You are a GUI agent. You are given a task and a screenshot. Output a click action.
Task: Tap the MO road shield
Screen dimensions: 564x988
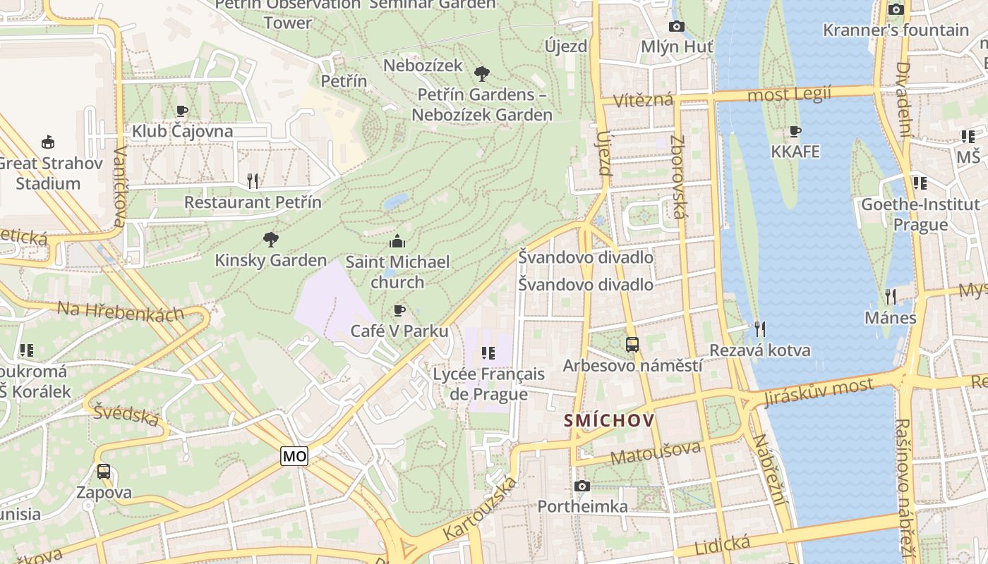pyautogui.click(x=294, y=456)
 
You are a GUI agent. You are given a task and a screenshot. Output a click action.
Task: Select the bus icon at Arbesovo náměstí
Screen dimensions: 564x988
pyautogui.click(x=632, y=345)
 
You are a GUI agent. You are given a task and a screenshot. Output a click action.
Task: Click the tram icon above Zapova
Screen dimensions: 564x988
pyautogui.click(x=104, y=472)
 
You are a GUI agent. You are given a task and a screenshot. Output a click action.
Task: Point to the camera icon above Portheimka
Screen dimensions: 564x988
pyautogui.click(x=582, y=486)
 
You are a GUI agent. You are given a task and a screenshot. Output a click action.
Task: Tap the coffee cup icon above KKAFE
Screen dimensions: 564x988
pyautogui.click(x=795, y=131)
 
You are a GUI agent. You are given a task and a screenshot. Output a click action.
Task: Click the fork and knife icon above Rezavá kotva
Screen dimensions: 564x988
pyautogui.click(x=759, y=329)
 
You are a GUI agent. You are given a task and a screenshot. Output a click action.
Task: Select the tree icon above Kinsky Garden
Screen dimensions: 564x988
pyautogui.click(x=270, y=240)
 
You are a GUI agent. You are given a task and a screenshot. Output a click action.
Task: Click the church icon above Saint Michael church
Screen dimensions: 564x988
pyautogui.click(x=397, y=241)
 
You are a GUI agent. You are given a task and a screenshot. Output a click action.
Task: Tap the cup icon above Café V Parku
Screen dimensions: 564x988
pyautogui.click(x=399, y=310)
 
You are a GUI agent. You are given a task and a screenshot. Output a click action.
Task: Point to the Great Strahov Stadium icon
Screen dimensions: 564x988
pyautogui.click(x=48, y=142)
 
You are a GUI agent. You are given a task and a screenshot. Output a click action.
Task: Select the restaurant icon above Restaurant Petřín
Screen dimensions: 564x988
pyautogui.click(x=253, y=181)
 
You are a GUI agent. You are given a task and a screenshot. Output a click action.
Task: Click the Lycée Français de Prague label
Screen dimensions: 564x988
pyautogui.click(x=489, y=384)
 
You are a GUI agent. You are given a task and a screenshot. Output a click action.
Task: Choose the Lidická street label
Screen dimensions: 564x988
pyautogui.click(x=722, y=544)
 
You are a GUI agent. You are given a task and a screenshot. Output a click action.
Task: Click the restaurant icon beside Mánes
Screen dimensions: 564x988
pyautogui.click(x=891, y=297)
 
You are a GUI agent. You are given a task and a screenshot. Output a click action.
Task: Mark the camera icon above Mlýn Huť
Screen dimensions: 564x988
pyautogui.click(x=676, y=27)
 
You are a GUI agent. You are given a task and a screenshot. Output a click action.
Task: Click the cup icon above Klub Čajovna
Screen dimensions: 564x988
pyautogui.click(x=182, y=111)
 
